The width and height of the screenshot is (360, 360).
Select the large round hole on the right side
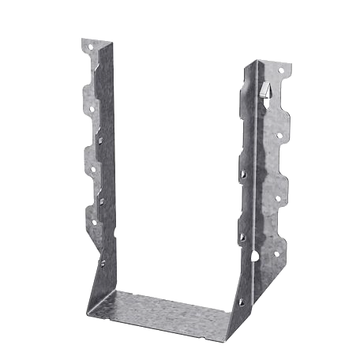coord(253,256)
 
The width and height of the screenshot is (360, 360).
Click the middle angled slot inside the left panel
coord(101,201)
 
